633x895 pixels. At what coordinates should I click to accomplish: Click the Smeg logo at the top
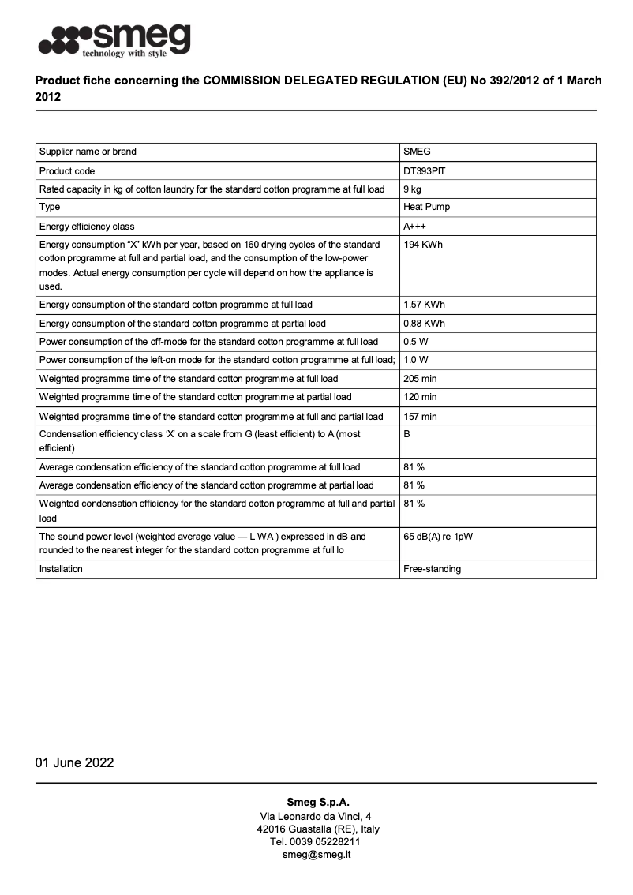[115, 39]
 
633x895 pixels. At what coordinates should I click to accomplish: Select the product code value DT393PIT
[427, 170]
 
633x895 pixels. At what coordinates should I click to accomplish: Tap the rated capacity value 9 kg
[412, 189]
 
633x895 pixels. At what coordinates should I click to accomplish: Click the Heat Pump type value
[427, 208]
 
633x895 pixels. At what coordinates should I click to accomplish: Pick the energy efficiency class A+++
[416, 227]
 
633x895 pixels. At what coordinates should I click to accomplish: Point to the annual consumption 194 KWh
[423, 245]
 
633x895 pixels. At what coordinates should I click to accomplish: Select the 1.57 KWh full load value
[424, 305]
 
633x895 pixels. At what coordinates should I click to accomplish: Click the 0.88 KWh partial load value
[424, 324]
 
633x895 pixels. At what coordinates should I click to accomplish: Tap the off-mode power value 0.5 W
[416, 342]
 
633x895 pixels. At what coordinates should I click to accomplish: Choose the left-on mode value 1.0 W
[416, 360]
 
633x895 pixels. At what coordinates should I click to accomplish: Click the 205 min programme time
[420, 379]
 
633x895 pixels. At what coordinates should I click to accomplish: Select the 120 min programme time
[420, 397]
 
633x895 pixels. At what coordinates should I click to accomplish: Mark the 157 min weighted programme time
[420, 416]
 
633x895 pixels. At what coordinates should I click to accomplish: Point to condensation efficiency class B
[407, 434]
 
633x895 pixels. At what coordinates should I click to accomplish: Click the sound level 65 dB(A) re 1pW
[438, 537]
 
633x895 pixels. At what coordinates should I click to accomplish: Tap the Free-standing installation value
[432, 569]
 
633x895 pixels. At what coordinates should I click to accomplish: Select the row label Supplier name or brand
[88, 152]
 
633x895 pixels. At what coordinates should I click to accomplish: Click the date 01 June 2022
[74, 762]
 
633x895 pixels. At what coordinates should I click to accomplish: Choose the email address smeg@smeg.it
[316, 854]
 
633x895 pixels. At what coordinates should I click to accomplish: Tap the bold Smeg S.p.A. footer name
[316, 802]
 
